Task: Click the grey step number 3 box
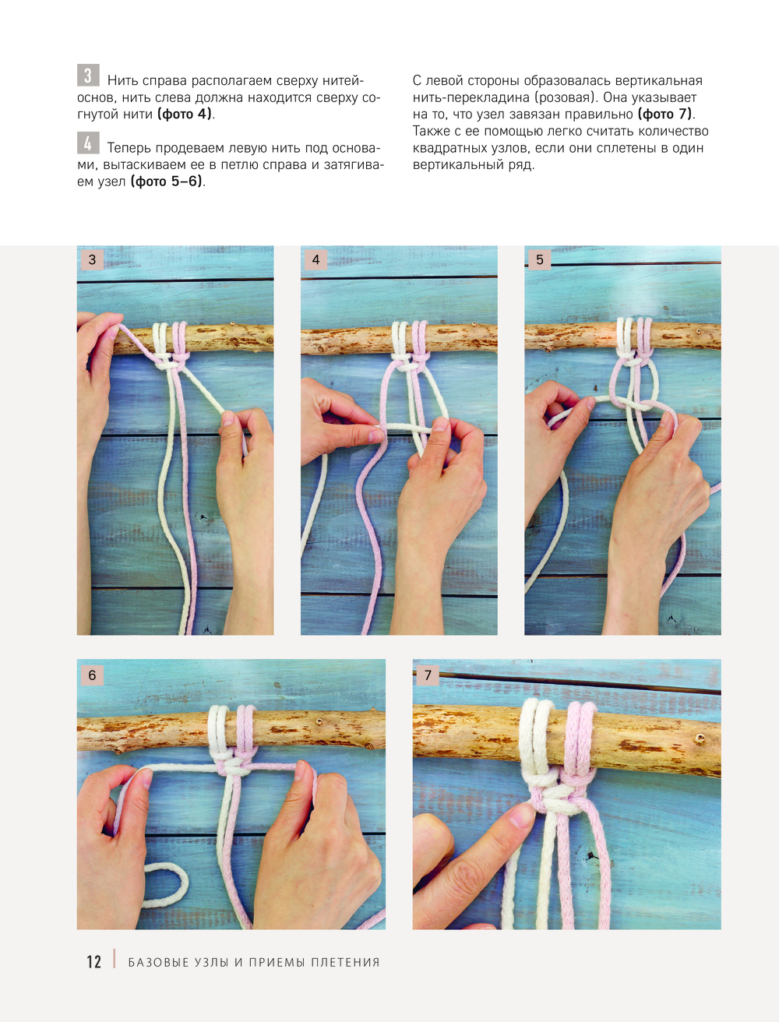click(88, 75)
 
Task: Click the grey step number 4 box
click(88, 143)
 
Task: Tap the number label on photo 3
click(92, 259)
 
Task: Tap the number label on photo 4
click(316, 259)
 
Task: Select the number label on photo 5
click(540, 259)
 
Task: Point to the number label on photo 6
click(92, 675)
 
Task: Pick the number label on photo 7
click(428, 675)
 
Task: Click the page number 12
click(93, 962)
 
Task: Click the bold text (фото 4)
click(185, 114)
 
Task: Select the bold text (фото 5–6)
click(167, 181)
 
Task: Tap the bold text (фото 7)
click(665, 114)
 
